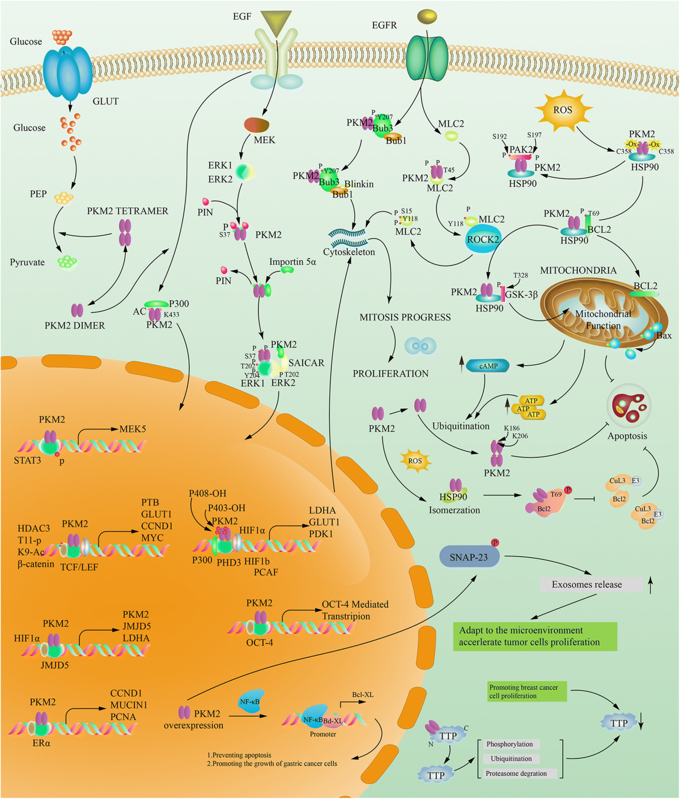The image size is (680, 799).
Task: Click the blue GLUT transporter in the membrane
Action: [67, 73]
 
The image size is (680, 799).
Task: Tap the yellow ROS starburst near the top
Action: [563, 110]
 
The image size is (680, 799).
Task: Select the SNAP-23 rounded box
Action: [470, 557]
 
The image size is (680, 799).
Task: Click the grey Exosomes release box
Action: [587, 584]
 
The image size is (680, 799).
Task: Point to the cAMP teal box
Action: [488, 366]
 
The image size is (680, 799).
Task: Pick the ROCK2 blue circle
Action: [483, 240]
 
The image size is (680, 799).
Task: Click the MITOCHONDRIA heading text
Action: [578, 270]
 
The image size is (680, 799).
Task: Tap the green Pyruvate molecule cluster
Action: [67, 262]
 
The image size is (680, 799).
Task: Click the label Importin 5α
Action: [292, 262]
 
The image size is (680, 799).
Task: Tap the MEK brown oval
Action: [256, 125]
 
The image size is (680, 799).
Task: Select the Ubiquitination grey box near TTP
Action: [511, 759]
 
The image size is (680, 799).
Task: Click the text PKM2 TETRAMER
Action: [127, 211]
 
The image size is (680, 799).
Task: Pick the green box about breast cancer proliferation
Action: [526, 691]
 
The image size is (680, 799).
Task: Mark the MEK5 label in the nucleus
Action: [133, 429]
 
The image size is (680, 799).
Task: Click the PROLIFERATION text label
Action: [390, 373]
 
